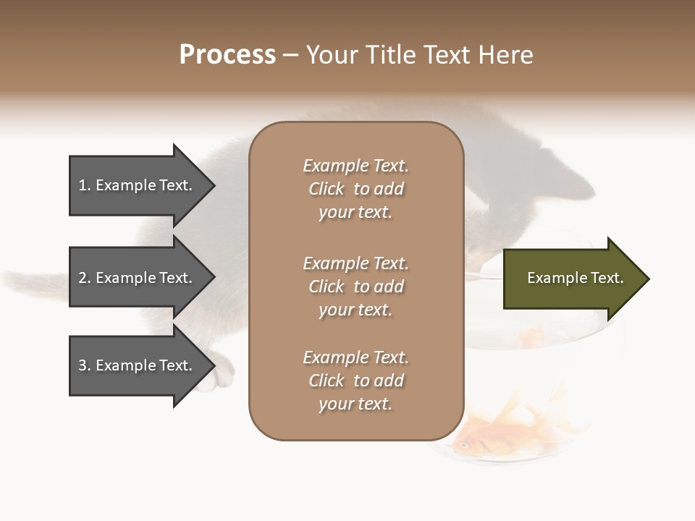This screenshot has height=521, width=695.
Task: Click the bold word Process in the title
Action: (227, 55)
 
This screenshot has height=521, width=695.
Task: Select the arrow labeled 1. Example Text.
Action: (138, 185)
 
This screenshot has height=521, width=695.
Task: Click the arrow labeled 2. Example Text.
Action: (138, 278)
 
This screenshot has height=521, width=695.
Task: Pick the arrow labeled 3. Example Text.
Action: (138, 365)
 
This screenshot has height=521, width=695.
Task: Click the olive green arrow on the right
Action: (572, 279)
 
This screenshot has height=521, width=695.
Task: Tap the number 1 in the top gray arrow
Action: (83, 185)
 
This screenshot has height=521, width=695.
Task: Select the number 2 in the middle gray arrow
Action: (83, 278)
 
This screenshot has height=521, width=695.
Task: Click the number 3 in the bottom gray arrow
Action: (83, 365)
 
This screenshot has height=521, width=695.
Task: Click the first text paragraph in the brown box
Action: (355, 189)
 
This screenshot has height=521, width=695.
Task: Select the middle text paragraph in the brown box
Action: (355, 287)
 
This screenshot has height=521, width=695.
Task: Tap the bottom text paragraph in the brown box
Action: (355, 381)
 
